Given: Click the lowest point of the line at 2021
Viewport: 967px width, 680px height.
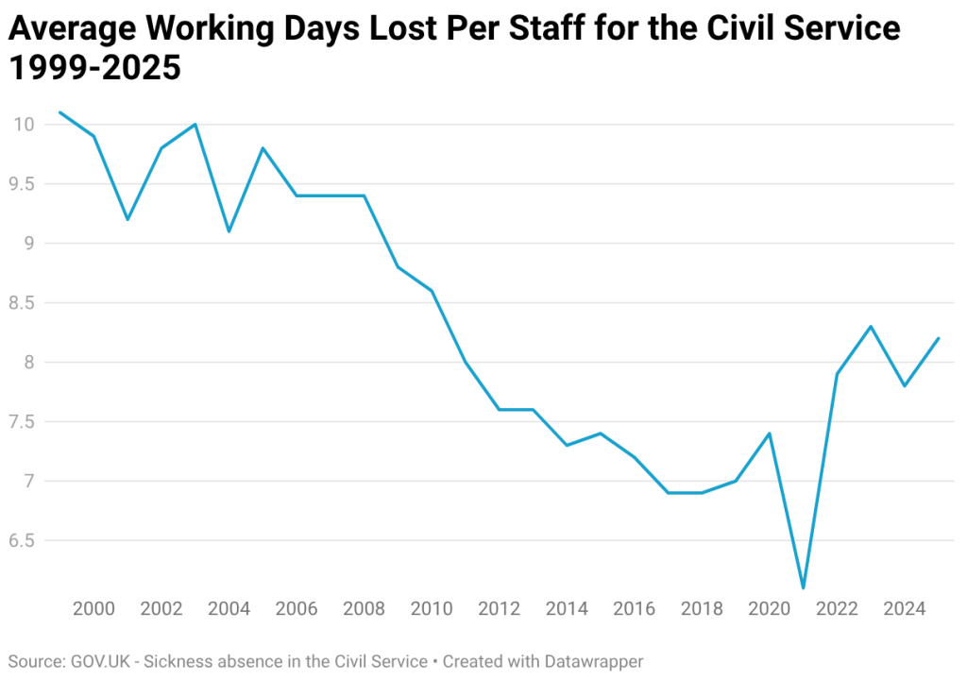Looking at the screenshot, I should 803,588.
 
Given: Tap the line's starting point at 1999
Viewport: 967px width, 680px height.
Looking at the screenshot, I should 59,112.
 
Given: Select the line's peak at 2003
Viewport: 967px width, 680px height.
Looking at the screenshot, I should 195,124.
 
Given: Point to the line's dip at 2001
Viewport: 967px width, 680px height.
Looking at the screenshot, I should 127,219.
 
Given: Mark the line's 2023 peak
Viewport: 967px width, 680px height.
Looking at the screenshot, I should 871,327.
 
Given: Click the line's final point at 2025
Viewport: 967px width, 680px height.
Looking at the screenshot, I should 939,338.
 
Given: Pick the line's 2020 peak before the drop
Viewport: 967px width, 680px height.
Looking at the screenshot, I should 770,433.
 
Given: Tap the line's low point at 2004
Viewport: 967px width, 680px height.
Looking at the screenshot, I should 229,231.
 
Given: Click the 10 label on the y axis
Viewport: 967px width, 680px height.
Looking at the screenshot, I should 25,125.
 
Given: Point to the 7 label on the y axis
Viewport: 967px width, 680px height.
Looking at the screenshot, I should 30,482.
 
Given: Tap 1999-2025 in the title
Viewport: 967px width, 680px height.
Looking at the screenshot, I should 94,68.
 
